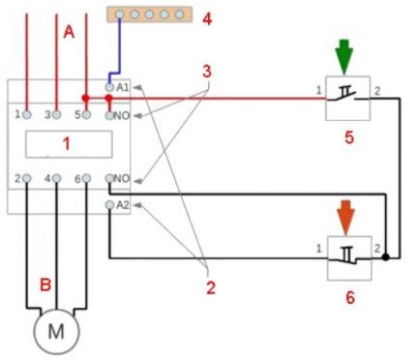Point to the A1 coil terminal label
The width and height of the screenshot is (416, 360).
pyautogui.click(x=122, y=88)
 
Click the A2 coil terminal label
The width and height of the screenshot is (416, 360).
pyautogui.click(x=122, y=206)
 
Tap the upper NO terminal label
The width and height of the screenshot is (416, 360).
pyautogui.click(x=122, y=116)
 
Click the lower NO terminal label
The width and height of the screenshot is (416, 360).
pyautogui.click(x=122, y=179)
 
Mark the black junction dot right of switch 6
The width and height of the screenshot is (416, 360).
pyautogui.click(x=386, y=258)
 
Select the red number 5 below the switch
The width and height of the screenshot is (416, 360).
pyautogui.click(x=348, y=137)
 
